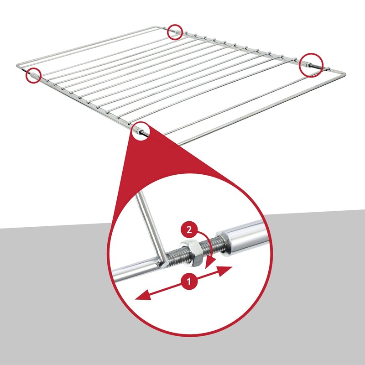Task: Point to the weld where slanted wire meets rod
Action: [x=159, y=264]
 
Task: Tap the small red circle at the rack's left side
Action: [x=33, y=75]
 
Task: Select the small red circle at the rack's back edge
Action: [x=174, y=32]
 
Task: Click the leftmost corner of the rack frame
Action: [x=17, y=67]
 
